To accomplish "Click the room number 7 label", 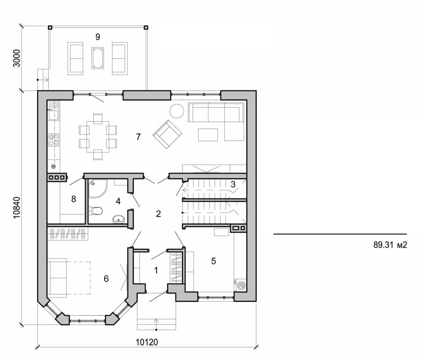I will click(x=138, y=137).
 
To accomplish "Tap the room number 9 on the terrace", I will click(x=98, y=37).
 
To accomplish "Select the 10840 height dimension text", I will click(x=17, y=206).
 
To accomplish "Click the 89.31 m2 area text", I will click(x=390, y=245).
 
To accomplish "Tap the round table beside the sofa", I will click(x=177, y=111).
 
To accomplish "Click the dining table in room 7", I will click(x=98, y=137).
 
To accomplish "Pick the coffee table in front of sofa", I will click(x=208, y=135).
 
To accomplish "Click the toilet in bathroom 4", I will click(x=96, y=211).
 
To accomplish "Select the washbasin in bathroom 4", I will click(x=119, y=219).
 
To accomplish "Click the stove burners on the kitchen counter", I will click(x=53, y=140).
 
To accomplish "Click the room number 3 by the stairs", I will click(x=233, y=185).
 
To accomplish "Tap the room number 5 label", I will click(x=213, y=261).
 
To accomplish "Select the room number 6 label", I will click(x=106, y=279).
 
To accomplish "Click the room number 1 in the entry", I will click(x=156, y=271).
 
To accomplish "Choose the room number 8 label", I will click(x=74, y=199).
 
